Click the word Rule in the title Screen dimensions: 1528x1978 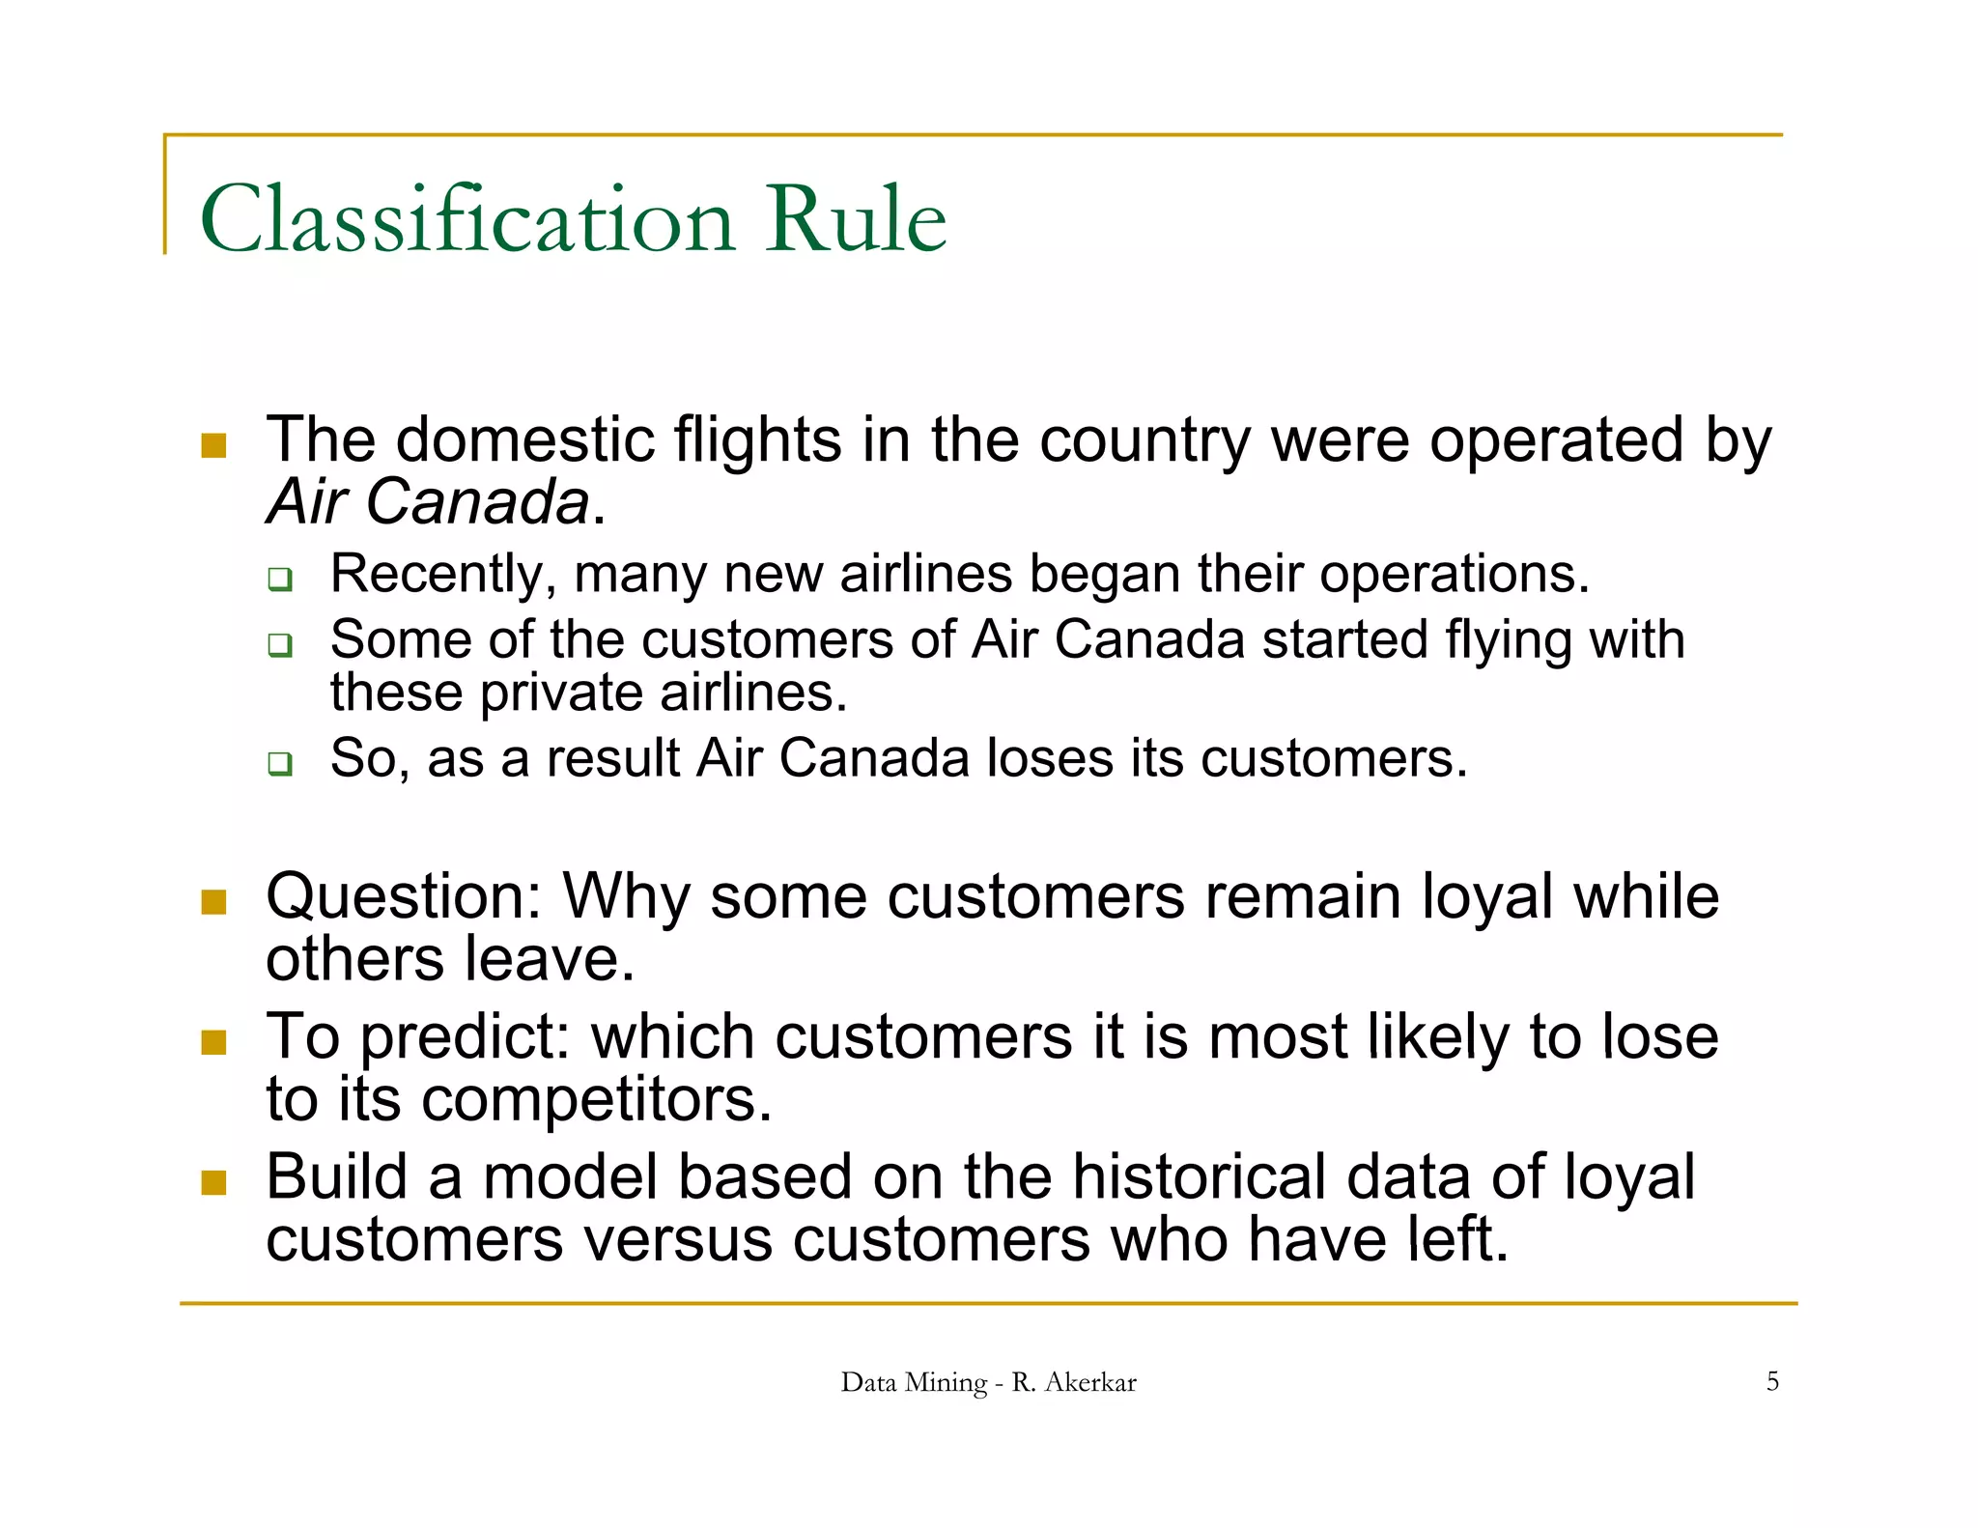[856, 220]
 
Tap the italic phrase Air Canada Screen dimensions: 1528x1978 [428, 502]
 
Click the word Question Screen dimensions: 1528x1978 [404, 898]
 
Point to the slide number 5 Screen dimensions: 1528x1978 [1772, 1381]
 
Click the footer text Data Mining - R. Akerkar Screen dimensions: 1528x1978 [988, 1382]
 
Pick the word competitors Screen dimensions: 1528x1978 [597, 1100]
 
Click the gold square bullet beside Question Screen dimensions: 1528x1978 [213, 902]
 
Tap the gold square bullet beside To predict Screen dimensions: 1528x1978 [213, 1042]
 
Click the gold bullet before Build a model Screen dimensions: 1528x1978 [213, 1182]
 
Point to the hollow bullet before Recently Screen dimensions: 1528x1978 [280, 580]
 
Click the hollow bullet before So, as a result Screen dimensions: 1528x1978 [280, 764]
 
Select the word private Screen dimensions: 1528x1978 [561, 693]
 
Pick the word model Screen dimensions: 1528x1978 [571, 1177]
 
